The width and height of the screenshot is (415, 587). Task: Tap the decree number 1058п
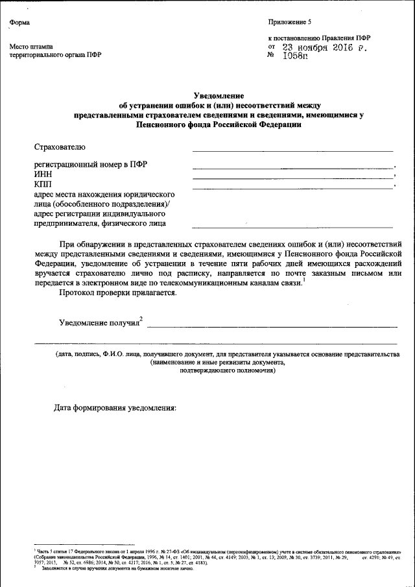tap(296, 56)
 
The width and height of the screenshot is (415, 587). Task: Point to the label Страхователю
tap(60, 148)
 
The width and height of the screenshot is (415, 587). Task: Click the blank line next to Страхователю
tap(292, 150)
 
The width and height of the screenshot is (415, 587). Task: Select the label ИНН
tap(43, 174)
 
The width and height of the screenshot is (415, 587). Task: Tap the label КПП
tap(43, 185)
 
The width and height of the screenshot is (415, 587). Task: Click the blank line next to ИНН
tap(292, 177)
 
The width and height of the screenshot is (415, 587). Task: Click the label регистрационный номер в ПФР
tap(90, 164)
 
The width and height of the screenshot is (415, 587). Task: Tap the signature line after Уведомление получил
tap(272, 326)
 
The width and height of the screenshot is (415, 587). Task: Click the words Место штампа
tap(30, 47)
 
